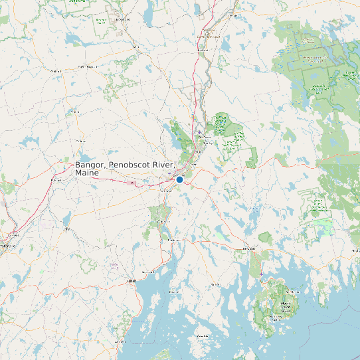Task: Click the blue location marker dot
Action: point(179,179)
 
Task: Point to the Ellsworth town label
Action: point(249,248)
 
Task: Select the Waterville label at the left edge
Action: point(8,245)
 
